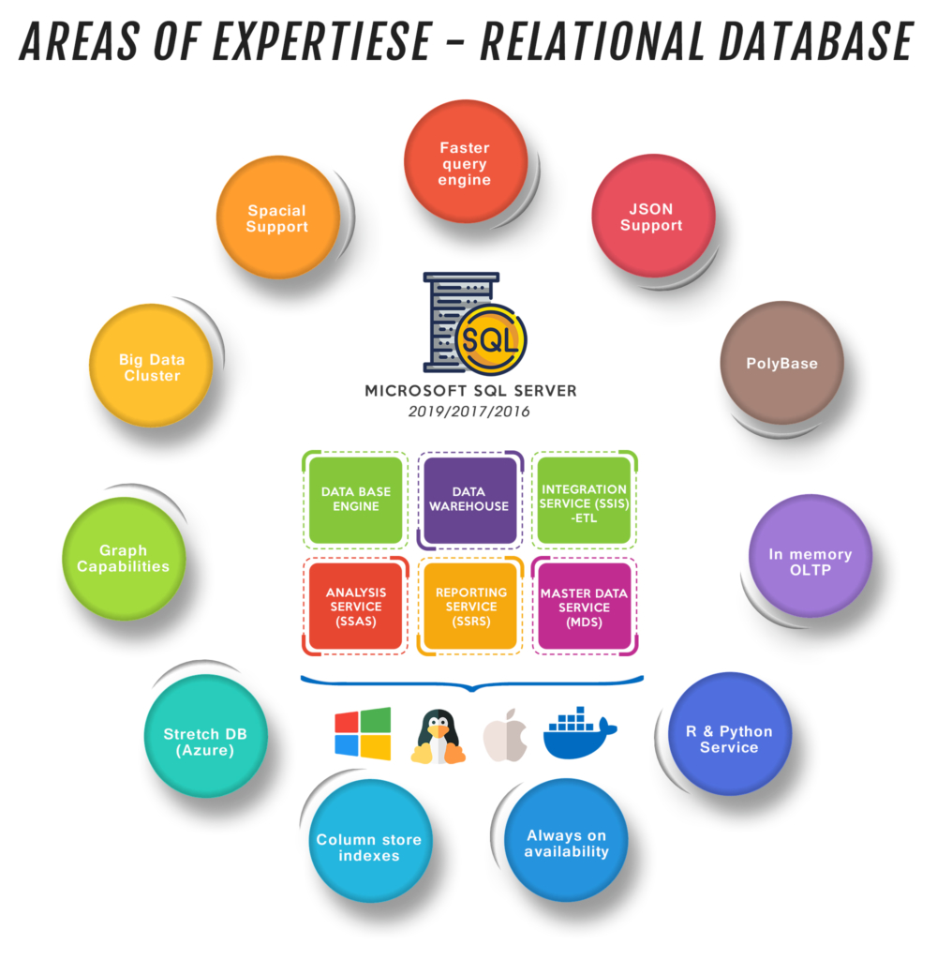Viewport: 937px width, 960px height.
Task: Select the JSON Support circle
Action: click(x=653, y=217)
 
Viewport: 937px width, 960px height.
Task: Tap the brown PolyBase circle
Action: click(x=781, y=363)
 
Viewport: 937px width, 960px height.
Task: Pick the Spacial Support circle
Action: click(x=277, y=217)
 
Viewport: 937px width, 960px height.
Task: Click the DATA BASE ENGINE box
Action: click(x=356, y=499)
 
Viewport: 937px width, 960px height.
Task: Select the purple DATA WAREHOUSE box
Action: click(x=468, y=499)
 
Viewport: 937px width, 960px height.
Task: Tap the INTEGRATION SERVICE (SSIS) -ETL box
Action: click(x=584, y=499)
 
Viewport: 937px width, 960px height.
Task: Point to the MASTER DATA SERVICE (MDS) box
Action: click(x=584, y=606)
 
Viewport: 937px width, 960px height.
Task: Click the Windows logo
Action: click(x=363, y=733)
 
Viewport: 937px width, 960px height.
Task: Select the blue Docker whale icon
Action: click(x=578, y=732)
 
